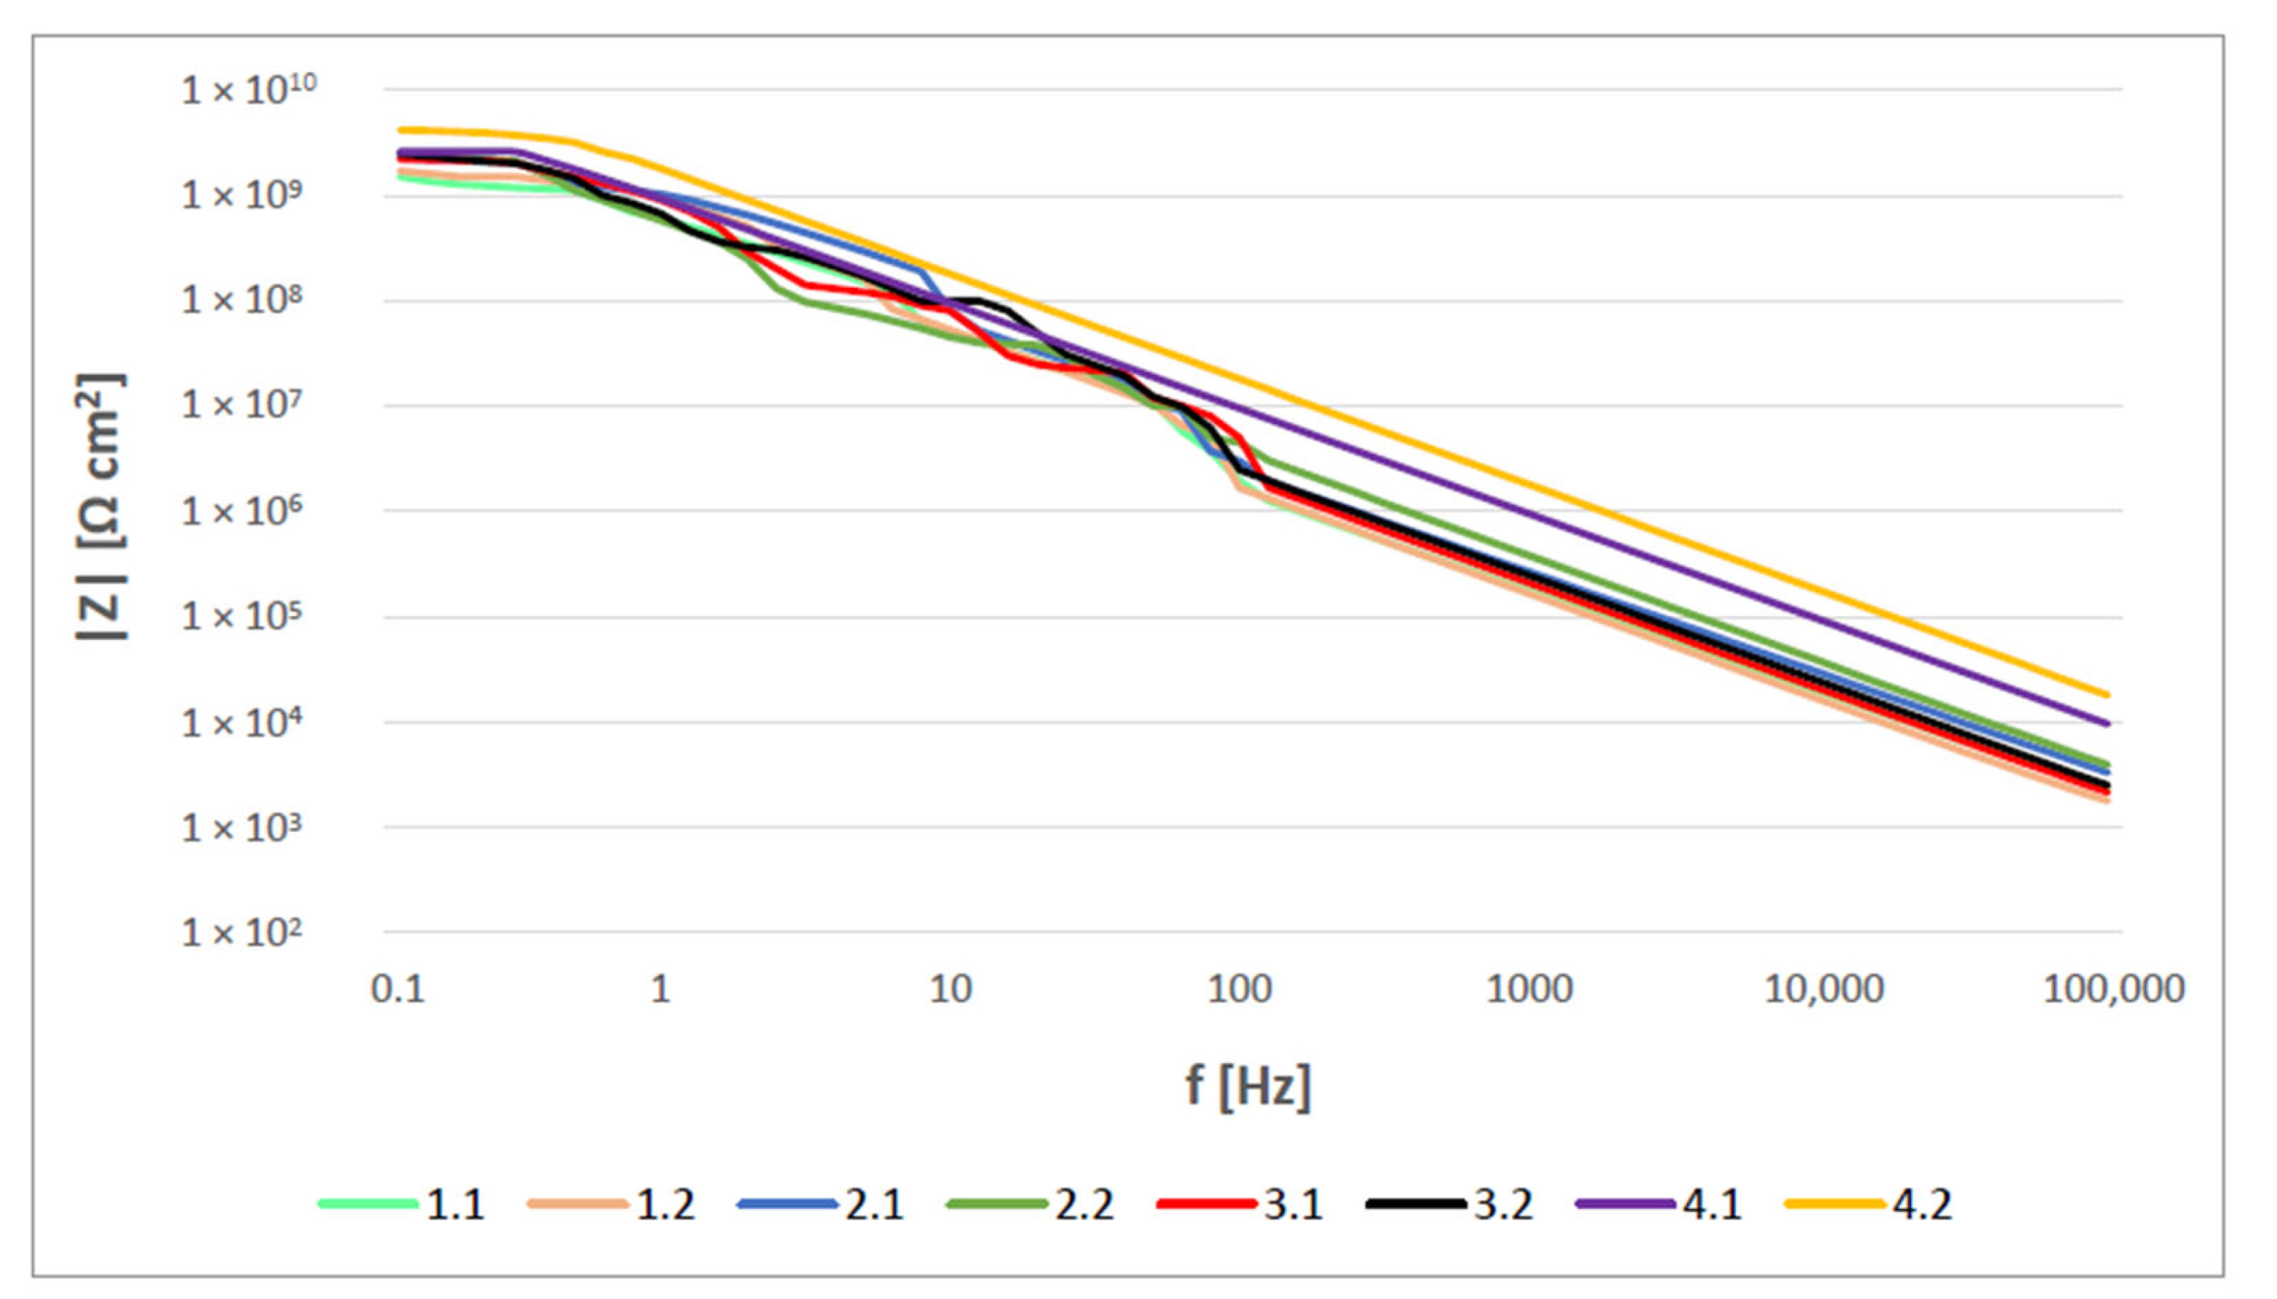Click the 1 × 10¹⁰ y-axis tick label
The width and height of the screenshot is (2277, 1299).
248,90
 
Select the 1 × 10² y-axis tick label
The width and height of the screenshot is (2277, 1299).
242,933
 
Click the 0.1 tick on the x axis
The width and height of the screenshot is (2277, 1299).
398,990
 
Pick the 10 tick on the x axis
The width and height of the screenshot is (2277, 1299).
949,990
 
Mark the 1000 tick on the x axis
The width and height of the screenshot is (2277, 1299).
1528,990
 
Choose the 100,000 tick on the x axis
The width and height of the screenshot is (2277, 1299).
2113,990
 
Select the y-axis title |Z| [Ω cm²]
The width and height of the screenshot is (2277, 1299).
100,507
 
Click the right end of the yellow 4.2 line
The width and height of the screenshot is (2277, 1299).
2107,694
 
